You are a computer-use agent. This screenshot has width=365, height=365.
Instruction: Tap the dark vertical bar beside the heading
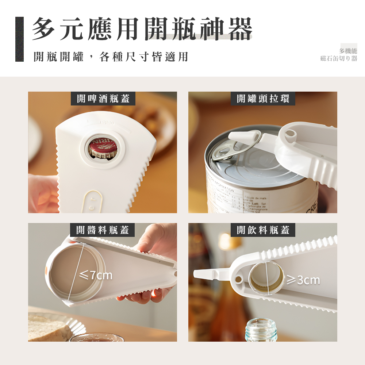click(19, 39)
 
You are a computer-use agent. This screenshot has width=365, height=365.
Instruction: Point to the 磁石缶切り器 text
click(339, 58)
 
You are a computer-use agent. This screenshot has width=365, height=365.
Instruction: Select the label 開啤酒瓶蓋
click(103, 99)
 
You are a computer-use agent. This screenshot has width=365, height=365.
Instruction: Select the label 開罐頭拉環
click(263, 99)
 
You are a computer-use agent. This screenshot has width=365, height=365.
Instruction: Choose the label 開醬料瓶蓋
click(103, 230)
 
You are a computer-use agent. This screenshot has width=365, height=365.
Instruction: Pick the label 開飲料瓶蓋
click(263, 230)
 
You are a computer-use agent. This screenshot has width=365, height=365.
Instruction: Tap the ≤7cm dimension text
click(96, 276)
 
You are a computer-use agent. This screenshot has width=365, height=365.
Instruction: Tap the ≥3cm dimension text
click(303, 280)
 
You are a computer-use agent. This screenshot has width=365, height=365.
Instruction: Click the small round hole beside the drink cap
click(238, 279)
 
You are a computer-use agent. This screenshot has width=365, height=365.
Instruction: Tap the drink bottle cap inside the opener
click(266, 278)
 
